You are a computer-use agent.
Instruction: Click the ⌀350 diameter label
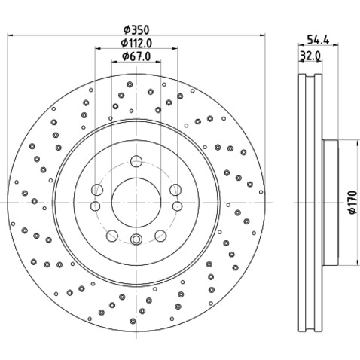136,30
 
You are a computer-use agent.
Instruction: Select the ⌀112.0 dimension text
136,43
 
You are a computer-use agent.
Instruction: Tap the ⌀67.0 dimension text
136,56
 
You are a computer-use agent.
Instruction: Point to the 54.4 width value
318,40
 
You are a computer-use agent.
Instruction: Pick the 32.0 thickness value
310,56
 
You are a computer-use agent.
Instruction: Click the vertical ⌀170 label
352,203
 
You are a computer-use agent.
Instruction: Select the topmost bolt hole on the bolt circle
136,161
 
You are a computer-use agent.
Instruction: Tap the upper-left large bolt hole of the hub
97,190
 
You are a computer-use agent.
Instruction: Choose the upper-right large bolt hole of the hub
175,190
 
